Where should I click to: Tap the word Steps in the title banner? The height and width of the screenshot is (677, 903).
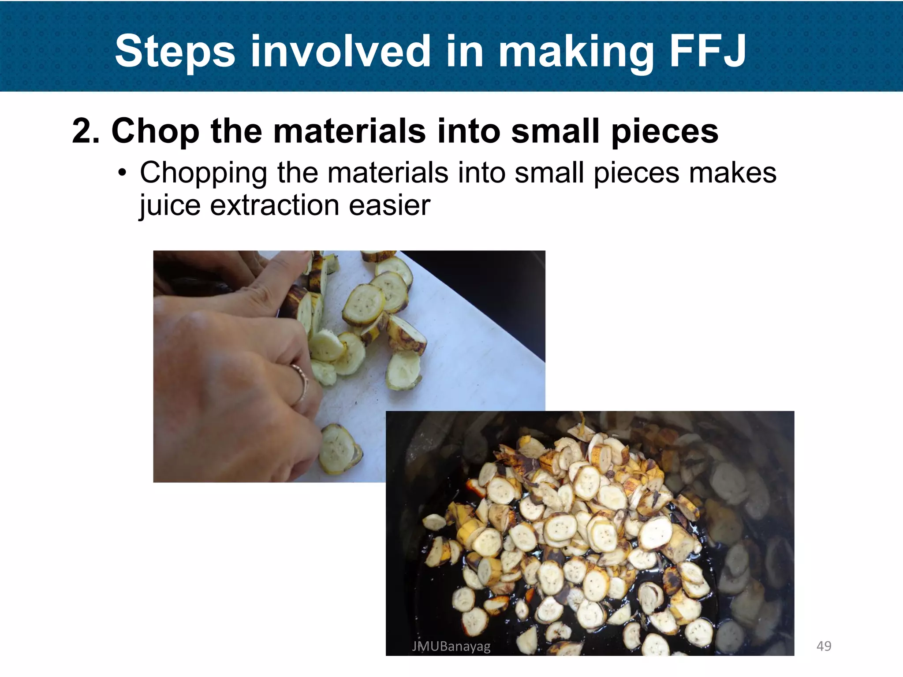pyautogui.click(x=175, y=52)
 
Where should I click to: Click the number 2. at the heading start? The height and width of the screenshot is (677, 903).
pyautogui.click(x=86, y=131)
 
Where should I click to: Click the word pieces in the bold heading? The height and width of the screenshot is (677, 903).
pyautogui.click(x=664, y=132)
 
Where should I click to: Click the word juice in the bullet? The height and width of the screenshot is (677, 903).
pyautogui.click(x=170, y=206)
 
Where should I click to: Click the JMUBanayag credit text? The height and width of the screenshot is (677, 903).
pyautogui.click(x=451, y=646)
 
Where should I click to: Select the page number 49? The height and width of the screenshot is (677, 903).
pyautogui.click(x=824, y=646)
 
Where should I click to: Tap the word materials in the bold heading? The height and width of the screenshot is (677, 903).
pyautogui.click(x=349, y=131)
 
